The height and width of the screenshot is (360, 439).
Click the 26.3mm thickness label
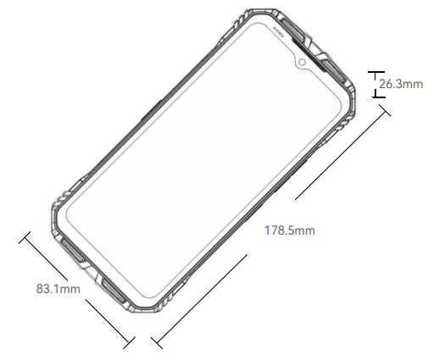(401, 84)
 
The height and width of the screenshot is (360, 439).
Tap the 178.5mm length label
(290, 230)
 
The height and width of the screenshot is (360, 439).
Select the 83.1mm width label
(58, 289)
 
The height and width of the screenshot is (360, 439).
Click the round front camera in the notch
(302, 62)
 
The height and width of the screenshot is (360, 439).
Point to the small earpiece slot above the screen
(279, 31)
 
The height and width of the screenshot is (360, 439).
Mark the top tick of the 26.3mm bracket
(376, 72)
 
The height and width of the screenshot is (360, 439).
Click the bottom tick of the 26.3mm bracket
(379, 97)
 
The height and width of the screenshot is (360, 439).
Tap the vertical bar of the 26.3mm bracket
(375, 85)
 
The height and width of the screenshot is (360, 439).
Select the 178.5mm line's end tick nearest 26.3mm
(385, 110)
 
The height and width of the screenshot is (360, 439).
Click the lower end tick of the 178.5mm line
(157, 343)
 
